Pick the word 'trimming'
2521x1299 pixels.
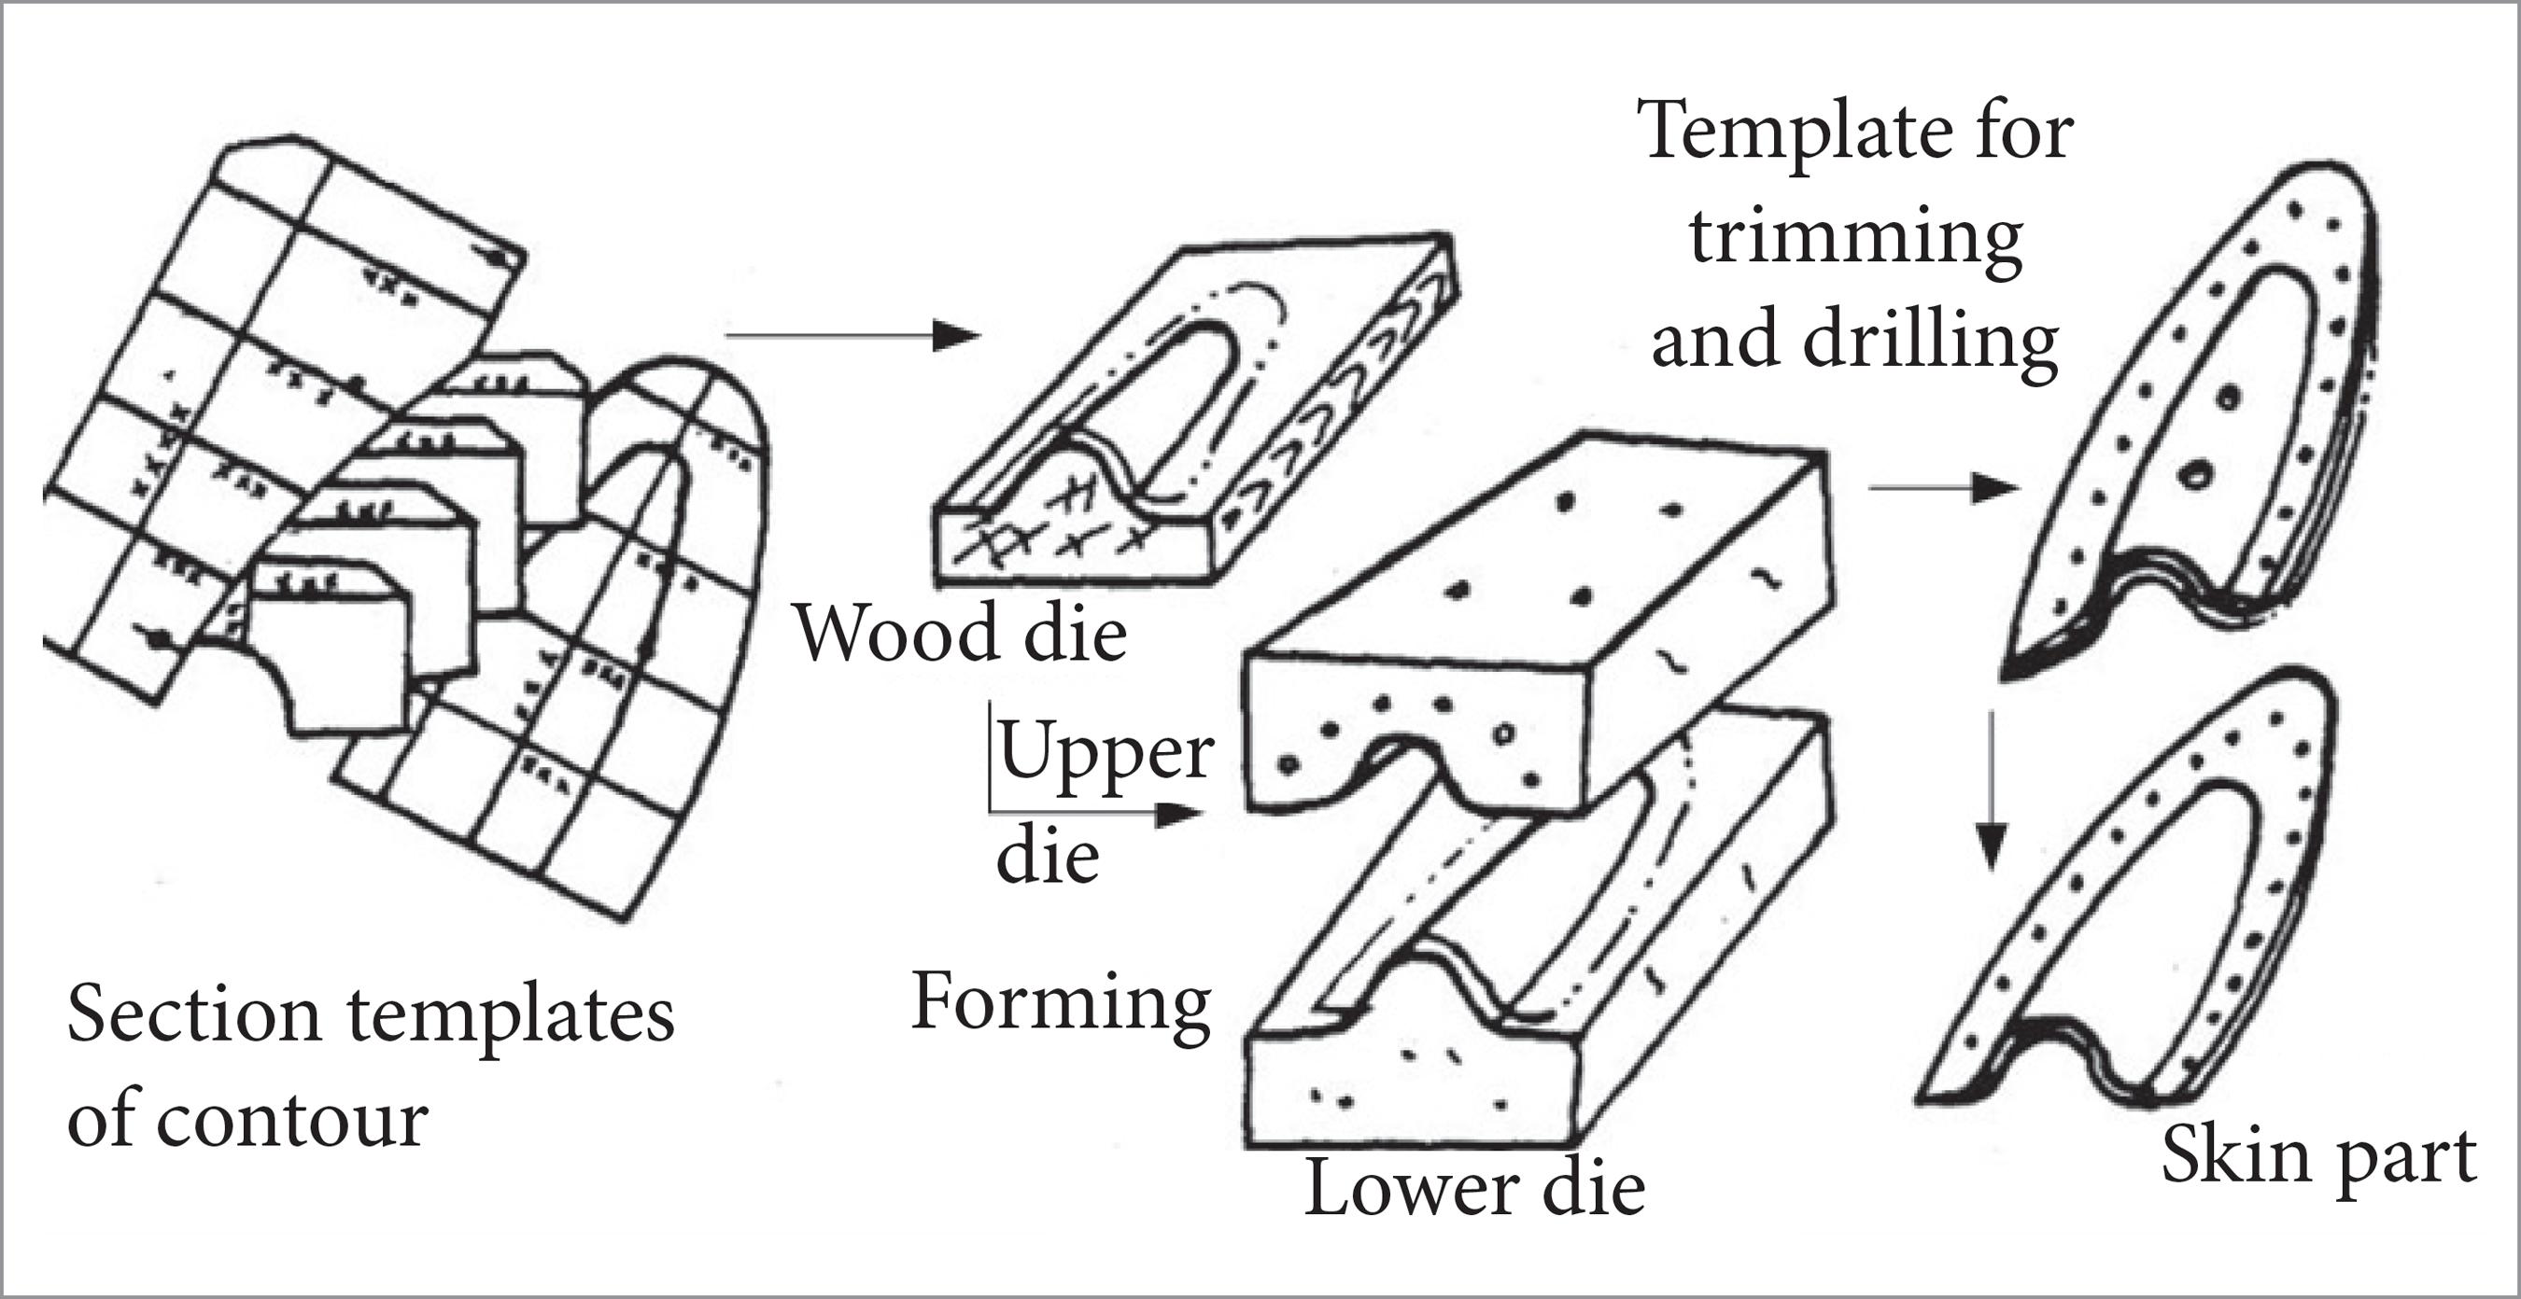(x=1855, y=238)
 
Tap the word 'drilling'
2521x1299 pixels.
(x=1930, y=342)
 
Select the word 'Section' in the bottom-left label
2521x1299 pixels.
(x=194, y=1015)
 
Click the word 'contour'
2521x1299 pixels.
(x=290, y=1120)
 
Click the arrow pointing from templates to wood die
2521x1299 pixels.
(x=852, y=336)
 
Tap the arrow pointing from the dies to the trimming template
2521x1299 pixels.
(x=1943, y=487)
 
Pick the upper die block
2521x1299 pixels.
(x=1537, y=626)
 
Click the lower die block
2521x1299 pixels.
(x=1527, y=978)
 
